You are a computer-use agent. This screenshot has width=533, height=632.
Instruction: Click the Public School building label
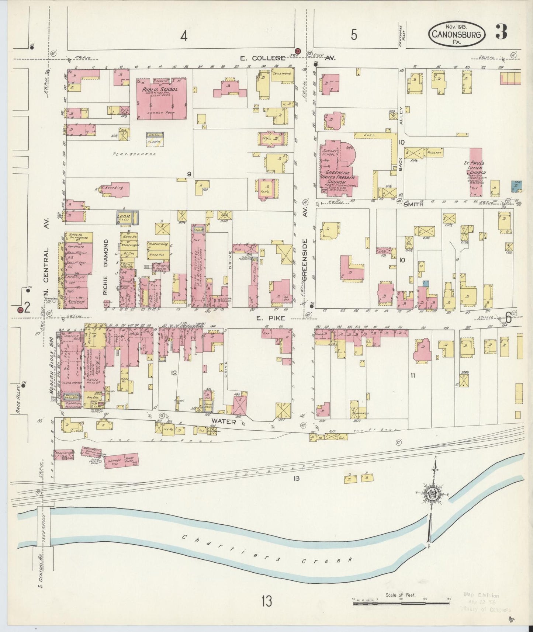[161, 90]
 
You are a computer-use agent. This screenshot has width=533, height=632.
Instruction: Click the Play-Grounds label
[135, 154]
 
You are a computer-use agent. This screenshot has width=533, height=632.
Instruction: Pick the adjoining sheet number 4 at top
[183, 36]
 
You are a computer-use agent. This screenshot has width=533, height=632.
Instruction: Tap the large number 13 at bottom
[267, 601]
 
